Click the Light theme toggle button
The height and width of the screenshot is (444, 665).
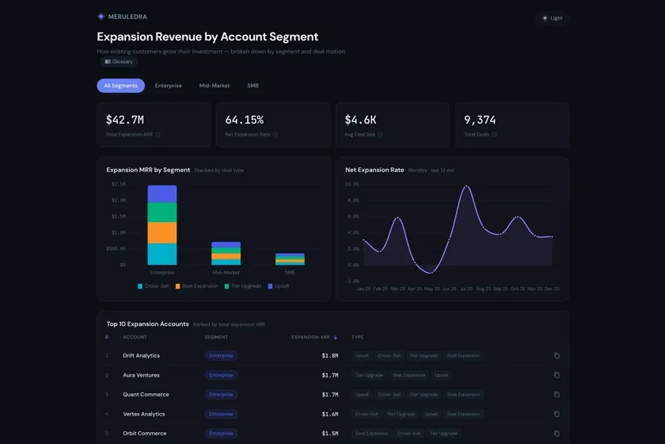[552, 18]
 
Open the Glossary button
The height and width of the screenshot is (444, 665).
[119, 62]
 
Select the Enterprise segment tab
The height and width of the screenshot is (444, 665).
[168, 86]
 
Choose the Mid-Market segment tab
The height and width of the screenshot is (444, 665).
[215, 86]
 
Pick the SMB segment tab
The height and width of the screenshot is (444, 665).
[253, 86]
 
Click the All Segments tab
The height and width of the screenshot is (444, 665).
[120, 86]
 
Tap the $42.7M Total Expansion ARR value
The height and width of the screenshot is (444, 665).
[125, 121]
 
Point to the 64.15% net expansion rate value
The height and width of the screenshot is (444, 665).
[244, 121]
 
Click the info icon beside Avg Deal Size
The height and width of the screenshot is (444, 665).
[380, 135]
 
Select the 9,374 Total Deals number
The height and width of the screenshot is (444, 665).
[480, 121]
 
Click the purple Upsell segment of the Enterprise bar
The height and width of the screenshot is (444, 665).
[162, 193]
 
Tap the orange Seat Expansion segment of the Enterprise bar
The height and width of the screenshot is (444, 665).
[162, 232]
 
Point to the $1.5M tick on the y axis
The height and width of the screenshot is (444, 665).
[117, 216]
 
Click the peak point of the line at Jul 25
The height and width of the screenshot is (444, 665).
[466, 187]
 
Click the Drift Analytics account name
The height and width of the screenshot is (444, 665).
[141, 356]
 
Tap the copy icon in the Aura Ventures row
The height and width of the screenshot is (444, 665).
[557, 375]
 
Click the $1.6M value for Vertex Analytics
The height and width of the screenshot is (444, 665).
[329, 414]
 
